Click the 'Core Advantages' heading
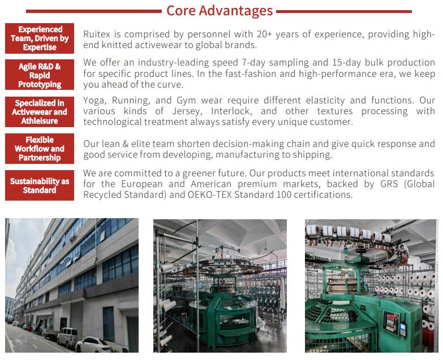[220, 11]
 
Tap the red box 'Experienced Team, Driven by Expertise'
[40, 38]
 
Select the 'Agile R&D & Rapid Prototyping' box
[40, 75]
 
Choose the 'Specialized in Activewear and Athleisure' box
[40, 112]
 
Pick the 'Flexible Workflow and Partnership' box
[40, 149]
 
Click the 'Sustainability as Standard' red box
[40, 185]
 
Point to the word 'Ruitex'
[97, 34]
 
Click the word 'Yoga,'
[95, 101]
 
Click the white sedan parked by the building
[92, 345]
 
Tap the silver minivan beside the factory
[67, 337]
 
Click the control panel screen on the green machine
[390, 322]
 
